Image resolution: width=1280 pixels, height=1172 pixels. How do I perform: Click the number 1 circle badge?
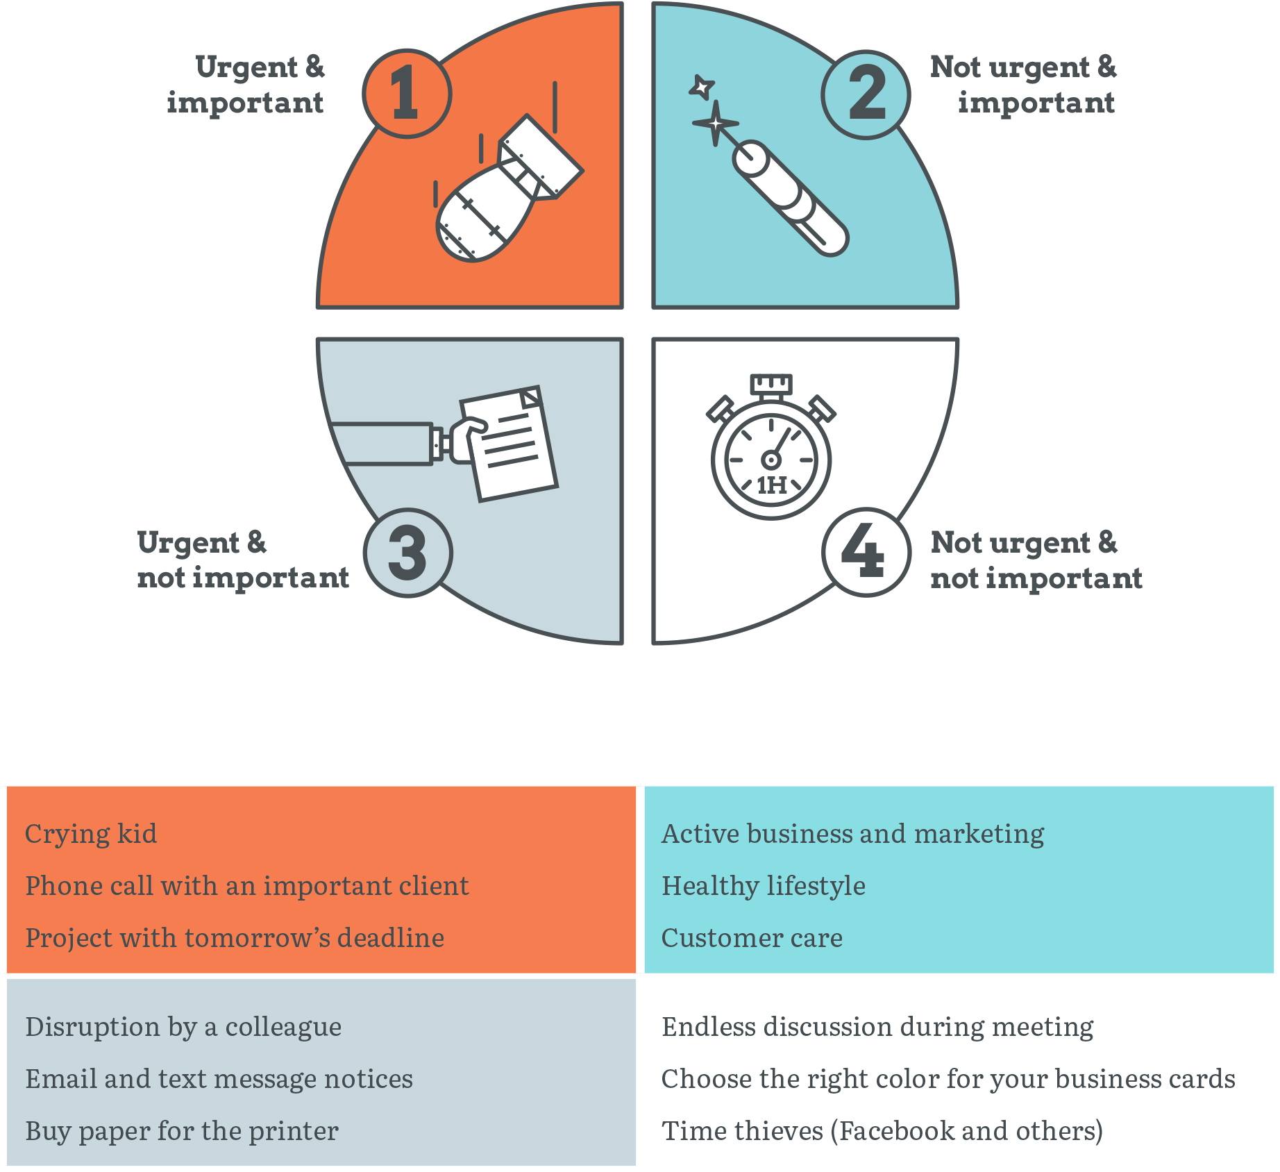[x=407, y=93]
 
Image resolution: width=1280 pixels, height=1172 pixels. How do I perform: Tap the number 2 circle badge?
[x=866, y=93]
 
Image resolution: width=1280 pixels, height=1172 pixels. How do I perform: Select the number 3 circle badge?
[x=408, y=553]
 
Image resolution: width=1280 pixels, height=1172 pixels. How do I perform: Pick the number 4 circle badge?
[x=866, y=553]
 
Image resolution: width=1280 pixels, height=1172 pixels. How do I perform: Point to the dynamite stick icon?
[x=788, y=196]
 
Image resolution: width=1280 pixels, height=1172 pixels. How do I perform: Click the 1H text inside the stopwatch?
[x=771, y=485]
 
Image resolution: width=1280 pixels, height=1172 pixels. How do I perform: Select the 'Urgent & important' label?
[x=246, y=85]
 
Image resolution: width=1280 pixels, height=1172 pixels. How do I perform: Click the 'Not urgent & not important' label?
[x=1036, y=560]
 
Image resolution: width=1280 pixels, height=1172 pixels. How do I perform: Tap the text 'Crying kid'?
[x=91, y=833]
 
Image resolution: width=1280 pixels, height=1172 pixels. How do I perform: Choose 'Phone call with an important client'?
[x=247, y=885]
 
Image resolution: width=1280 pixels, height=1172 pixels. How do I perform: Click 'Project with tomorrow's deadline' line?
[x=235, y=937]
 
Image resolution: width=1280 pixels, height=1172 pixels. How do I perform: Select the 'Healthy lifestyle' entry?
[x=764, y=885]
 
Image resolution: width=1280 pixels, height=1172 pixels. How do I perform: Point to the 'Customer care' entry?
[x=752, y=937]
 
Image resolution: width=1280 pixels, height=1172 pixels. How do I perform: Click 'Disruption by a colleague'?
[x=183, y=1026]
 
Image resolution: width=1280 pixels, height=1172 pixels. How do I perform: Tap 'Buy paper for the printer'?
[x=182, y=1130]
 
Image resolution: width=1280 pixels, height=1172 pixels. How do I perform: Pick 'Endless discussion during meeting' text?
[x=877, y=1026]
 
